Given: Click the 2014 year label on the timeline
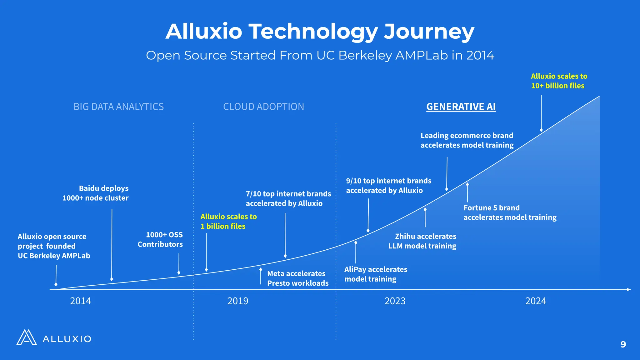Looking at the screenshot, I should click(80, 301).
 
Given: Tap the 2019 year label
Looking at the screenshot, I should click(237, 301).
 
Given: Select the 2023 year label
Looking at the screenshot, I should click(395, 301).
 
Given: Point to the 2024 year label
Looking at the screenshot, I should click(535, 301).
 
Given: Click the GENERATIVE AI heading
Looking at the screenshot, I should click(461, 107).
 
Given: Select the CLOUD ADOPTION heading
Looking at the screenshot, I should click(263, 107).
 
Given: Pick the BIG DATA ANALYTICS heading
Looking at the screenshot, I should click(118, 107).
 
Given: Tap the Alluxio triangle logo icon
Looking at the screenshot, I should click(27, 337).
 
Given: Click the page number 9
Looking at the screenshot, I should click(623, 344).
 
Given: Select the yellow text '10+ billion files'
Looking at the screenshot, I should click(557, 86).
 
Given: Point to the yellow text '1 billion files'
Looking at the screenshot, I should click(223, 226).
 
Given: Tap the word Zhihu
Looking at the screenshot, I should click(404, 237).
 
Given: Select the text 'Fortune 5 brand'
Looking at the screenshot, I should click(491, 208).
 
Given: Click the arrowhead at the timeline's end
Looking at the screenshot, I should click(629, 290).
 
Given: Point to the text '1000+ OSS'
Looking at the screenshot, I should click(164, 235).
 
